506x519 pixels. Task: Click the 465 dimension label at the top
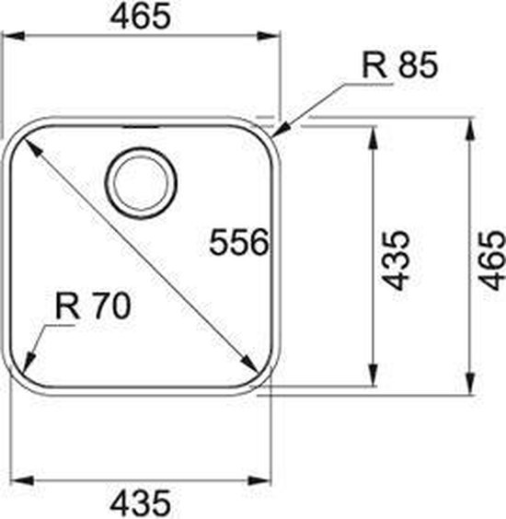[143, 17]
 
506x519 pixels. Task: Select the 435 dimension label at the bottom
[142, 502]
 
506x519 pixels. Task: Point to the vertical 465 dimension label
[491, 260]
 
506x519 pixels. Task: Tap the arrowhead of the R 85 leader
[282, 128]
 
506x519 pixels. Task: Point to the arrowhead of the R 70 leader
[29, 358]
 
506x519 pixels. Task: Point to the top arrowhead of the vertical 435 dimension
[373, 136]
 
